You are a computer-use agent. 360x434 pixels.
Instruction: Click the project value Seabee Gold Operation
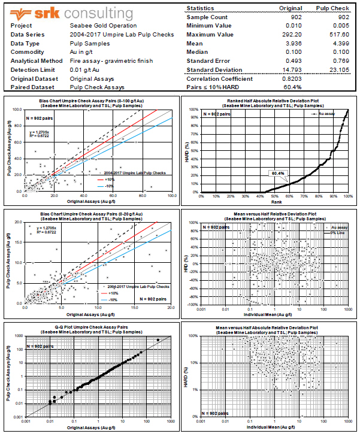click(102, 26)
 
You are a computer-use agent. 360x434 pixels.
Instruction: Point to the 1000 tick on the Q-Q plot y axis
click(20, 336)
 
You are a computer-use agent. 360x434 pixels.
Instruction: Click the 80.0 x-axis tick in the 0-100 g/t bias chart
click(142, 195)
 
